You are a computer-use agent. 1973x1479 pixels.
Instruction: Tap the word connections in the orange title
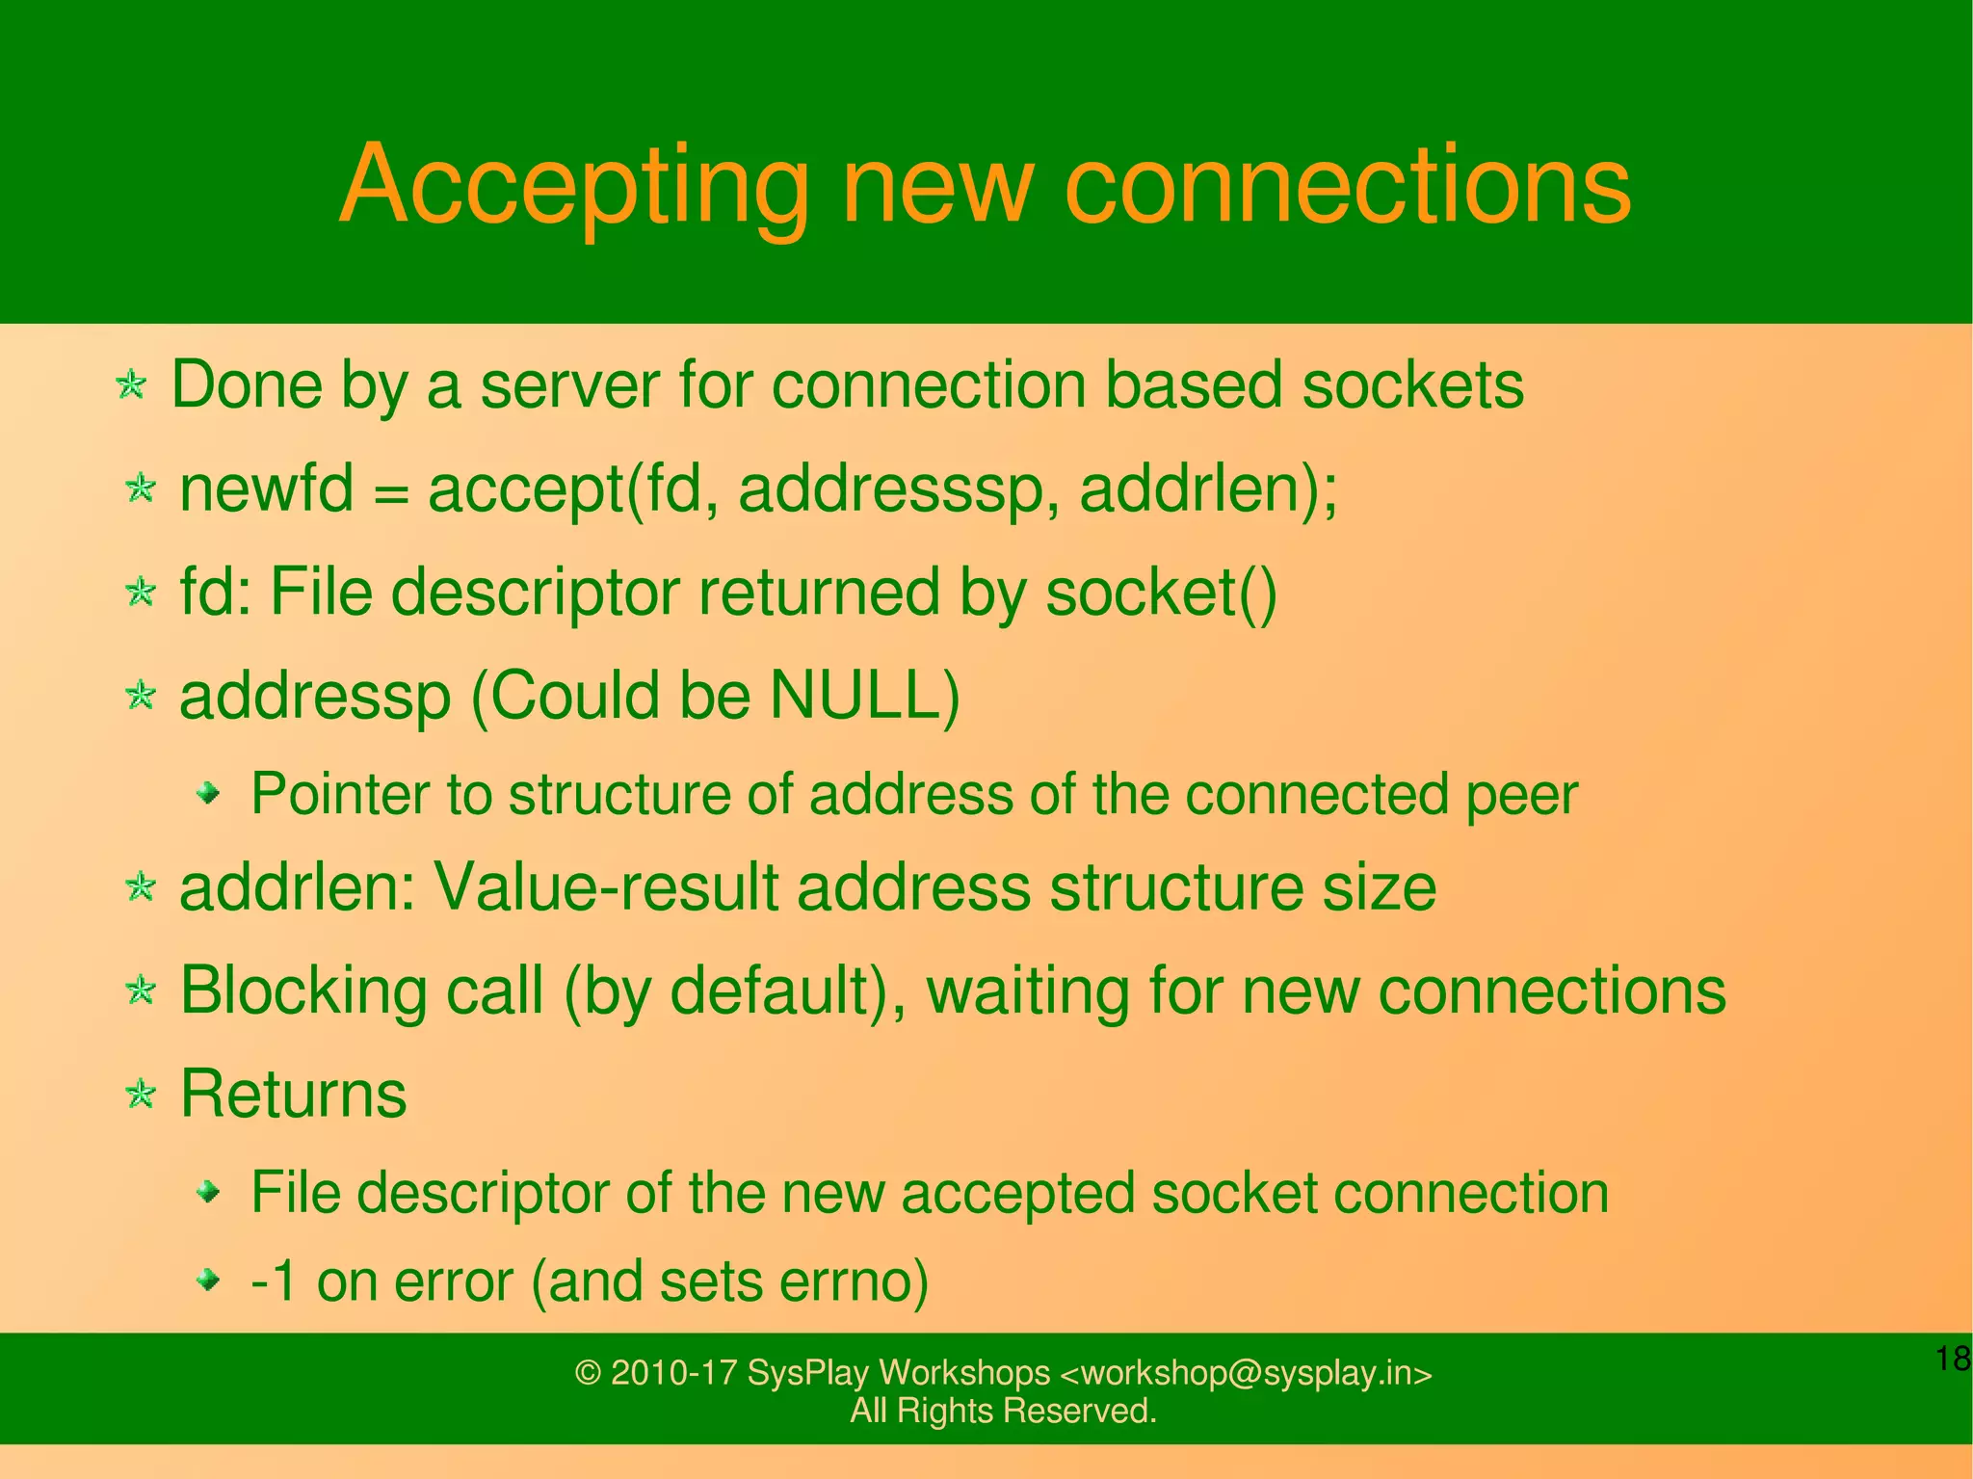coord(1348,185)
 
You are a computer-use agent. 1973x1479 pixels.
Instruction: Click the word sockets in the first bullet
coord(1412,385)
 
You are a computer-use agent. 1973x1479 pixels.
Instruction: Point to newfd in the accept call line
coord(267,489)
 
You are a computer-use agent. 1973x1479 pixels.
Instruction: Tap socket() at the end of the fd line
coord(1161,592)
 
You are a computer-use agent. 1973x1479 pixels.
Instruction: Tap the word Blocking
coord(303,990)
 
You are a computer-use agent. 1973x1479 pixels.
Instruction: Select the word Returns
coord(294,1095)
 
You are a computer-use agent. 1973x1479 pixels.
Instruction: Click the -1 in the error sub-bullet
coord(274,1281)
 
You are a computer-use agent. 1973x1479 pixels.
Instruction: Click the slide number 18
coord(1953,1360)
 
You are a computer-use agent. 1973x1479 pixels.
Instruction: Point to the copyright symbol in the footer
coord(588,1372)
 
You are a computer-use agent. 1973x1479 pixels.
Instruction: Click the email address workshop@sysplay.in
coord(1245,1372)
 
